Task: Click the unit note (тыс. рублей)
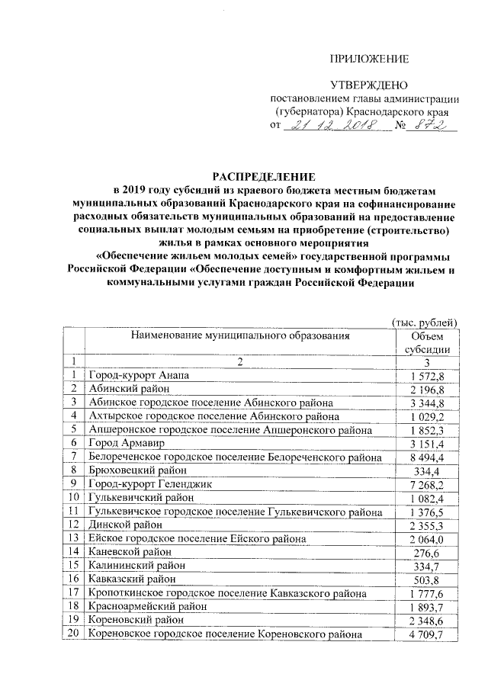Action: point(424,323)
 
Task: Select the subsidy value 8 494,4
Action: point(432,457)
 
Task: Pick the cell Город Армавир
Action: point(124,443)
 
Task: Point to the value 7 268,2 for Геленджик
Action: point(432,484)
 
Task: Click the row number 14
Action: point(73,552)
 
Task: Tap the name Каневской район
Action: point(129,552)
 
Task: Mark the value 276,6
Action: point(432,552)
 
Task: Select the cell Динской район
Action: point(125,525)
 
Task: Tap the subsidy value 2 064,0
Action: point(432,538)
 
